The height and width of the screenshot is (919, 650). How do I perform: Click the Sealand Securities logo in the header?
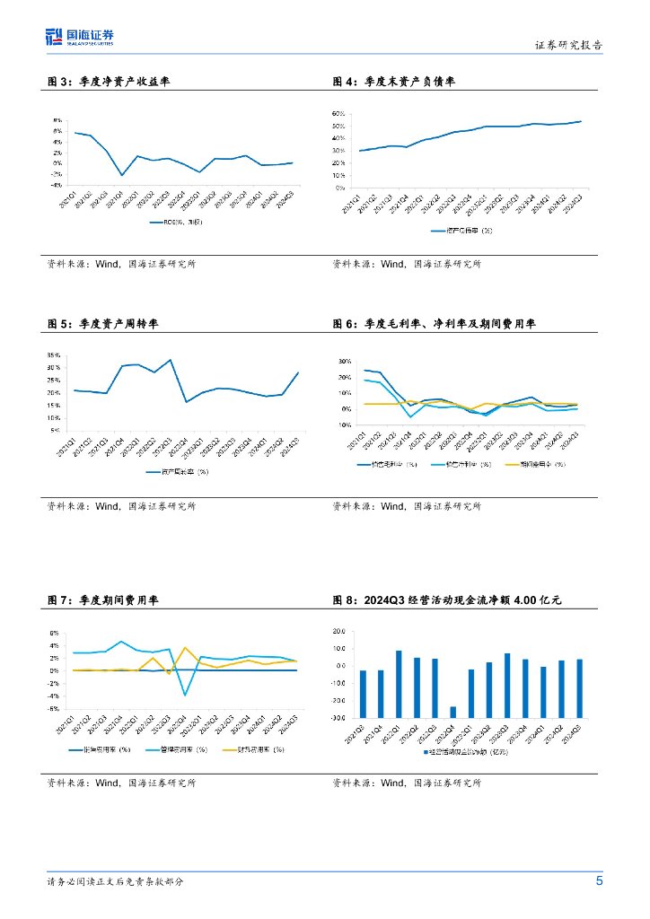pyautogui.click(x=80, y=37)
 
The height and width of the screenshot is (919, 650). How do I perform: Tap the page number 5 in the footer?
pyautogui.click(x=599, y=880)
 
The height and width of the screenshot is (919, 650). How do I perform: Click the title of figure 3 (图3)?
pyautogui.click(x=109, y=82)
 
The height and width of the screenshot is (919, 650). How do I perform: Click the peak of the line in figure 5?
pyautogui.click(x=170, y=360)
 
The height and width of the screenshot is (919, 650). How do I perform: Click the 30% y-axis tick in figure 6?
pyautogui.click(x=344, y=362)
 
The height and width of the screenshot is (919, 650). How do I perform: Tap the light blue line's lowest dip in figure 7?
pyautogui.click(x=185, y=695)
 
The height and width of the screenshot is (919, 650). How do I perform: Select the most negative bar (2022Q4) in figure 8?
pyautogui.click(x=452, y=712)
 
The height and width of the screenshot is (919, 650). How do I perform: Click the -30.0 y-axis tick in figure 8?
pyautogui.click(x=340, y=718)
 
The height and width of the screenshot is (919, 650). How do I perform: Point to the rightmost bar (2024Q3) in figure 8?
pyautogui.click(x=579, y=672)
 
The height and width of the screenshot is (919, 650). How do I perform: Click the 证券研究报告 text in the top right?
pyautogui.click(x=569, y=45)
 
